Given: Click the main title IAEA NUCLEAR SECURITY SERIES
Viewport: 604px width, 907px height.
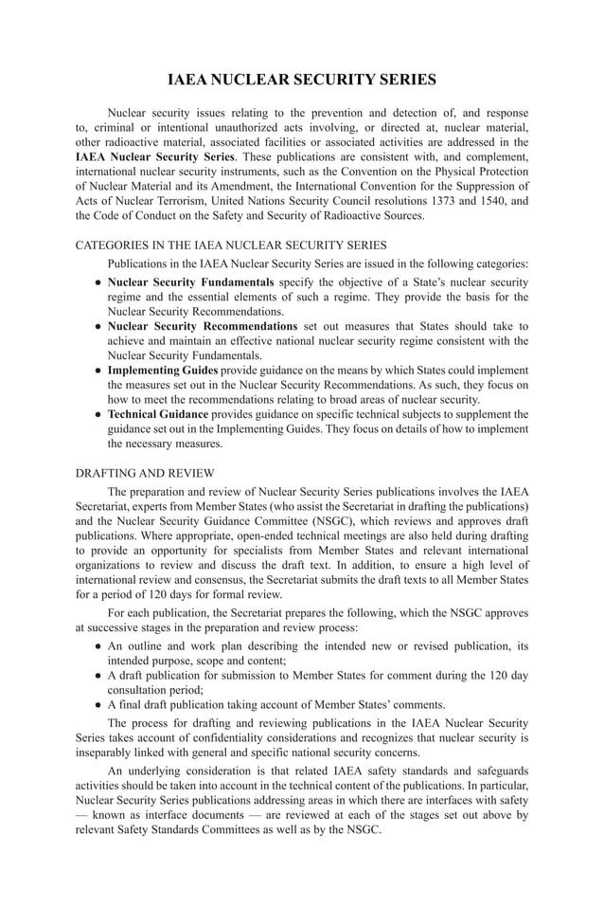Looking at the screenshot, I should coord(302,80).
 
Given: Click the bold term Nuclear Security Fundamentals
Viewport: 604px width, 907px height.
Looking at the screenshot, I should coord(190,282).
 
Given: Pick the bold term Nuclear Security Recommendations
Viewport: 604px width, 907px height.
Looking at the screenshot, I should coord(203,326).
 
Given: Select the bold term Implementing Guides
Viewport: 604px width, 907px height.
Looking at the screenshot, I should coord(163,370).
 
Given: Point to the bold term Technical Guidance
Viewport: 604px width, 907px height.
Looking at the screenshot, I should coord(158,414).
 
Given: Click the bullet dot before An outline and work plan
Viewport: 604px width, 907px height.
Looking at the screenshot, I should coord(98,646).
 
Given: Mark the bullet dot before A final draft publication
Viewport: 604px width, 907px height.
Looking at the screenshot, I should coord(98,704).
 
